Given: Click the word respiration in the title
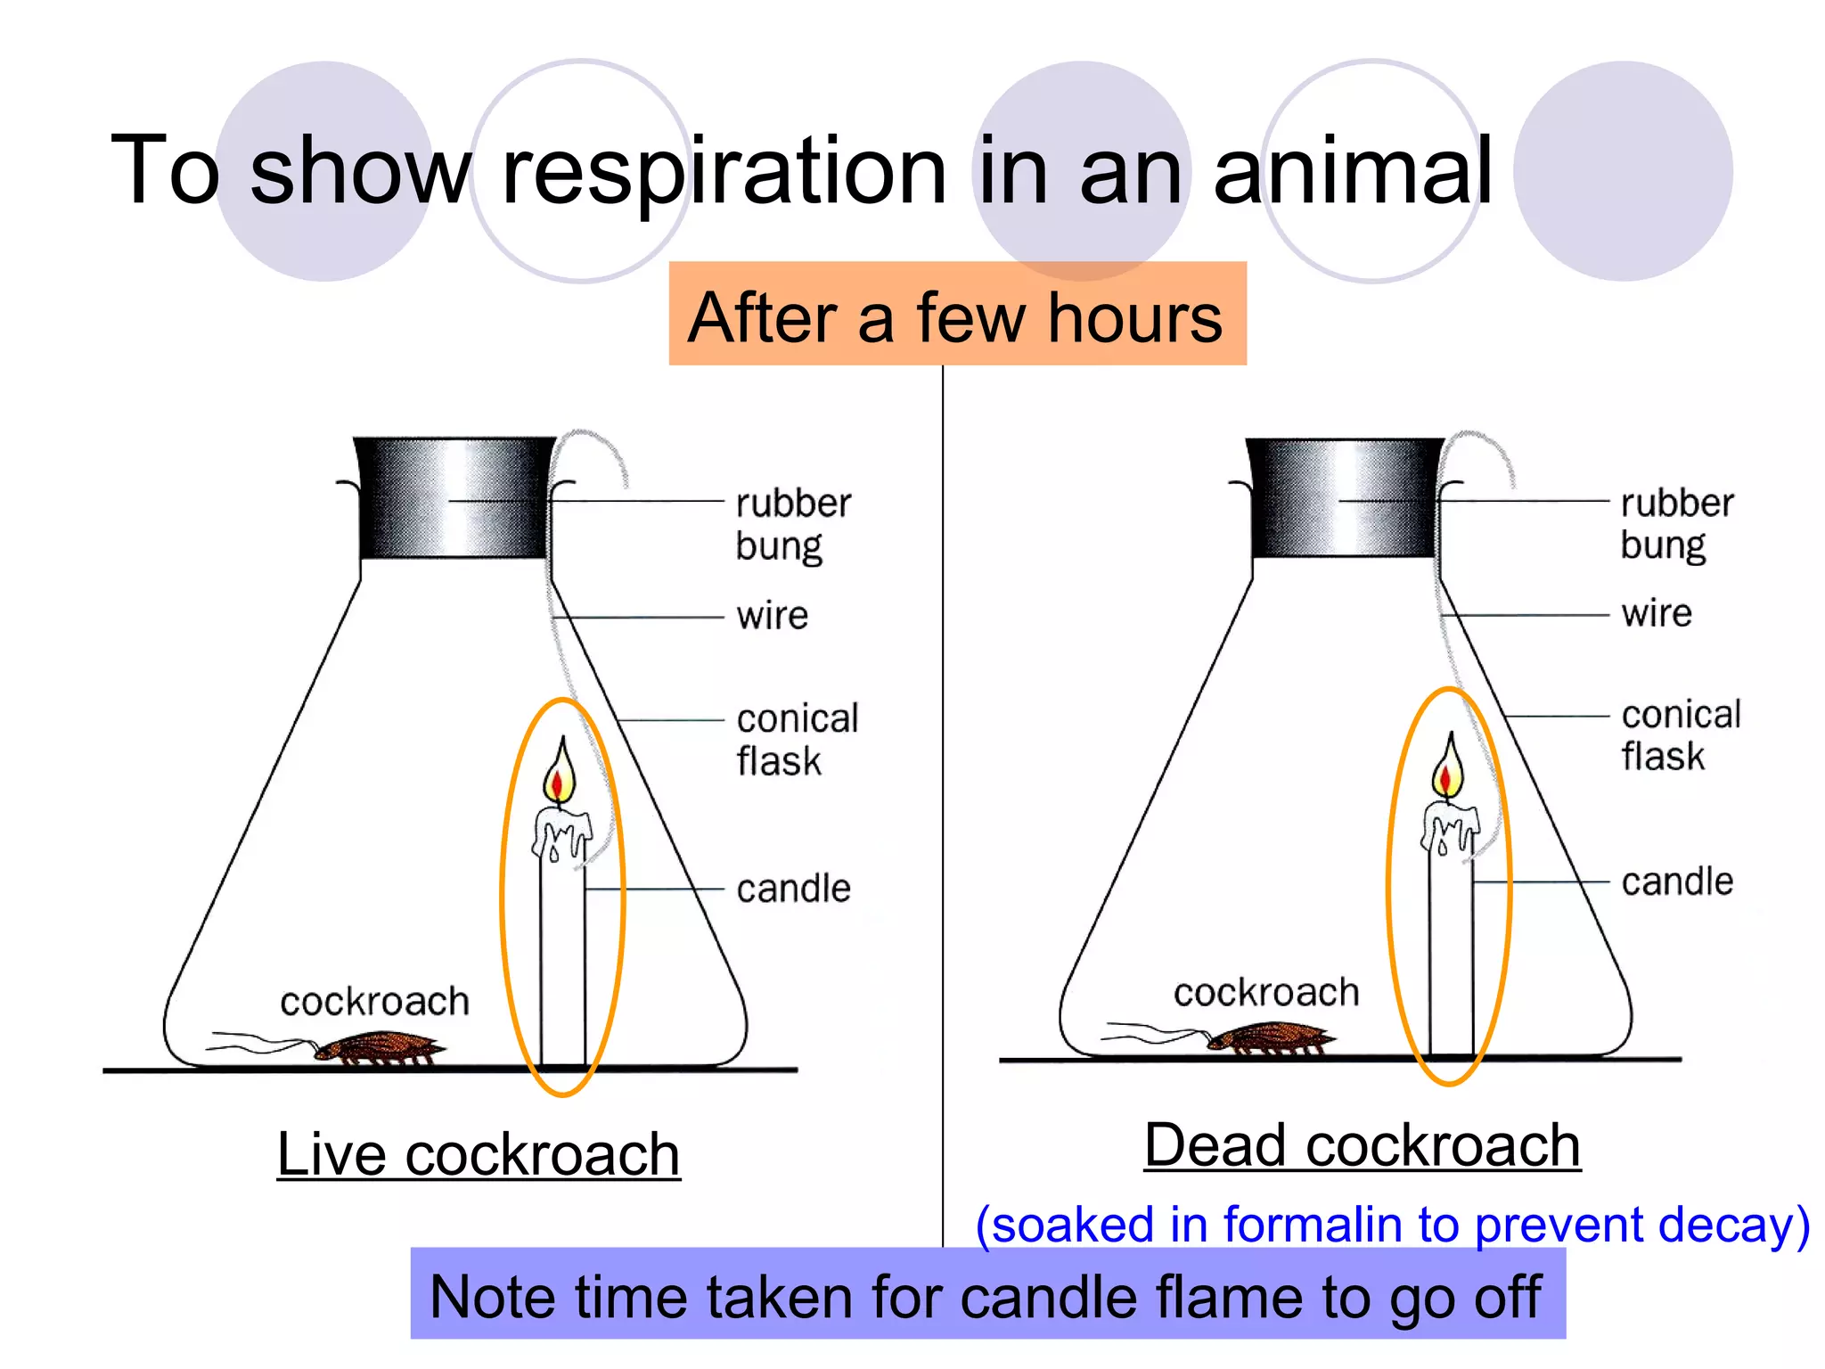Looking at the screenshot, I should pos(724,171).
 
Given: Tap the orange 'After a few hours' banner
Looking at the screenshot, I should pos(956,316).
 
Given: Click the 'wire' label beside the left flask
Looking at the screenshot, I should pos(772,616).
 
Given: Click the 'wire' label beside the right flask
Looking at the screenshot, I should pos(1656,613).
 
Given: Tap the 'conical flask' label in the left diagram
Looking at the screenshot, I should pos(796,739).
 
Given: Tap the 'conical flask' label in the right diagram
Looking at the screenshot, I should pos(1680,734).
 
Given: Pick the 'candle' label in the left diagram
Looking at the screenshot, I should pos(793,889).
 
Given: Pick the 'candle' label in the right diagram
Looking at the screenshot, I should pos(1677,881).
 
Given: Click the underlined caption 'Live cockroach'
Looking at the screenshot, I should pos(479,1155).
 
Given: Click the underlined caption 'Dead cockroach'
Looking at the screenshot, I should pos(1362,1145).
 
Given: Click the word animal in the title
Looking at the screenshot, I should pos(1352,171).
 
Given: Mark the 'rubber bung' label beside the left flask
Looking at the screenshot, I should pos(792,524).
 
